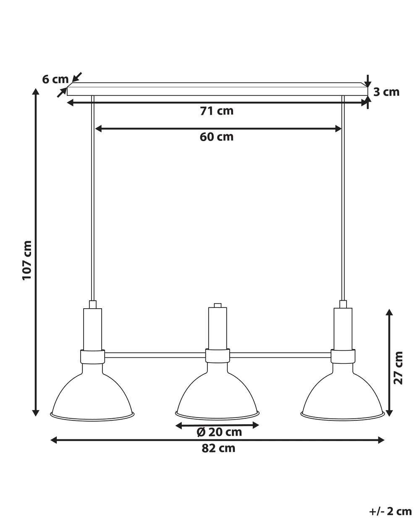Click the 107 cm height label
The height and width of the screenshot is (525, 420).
[x=27, y=260]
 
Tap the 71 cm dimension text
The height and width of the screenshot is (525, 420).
[x=217, y=111]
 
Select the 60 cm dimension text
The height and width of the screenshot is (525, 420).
[x=217, y=137]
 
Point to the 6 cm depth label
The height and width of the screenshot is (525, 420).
[x=55, y=79]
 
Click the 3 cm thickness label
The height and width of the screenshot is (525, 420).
[x=386, y=92]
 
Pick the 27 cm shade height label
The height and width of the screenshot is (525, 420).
[x=398, y=368]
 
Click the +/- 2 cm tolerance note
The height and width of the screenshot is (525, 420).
[x=391, y=509]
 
